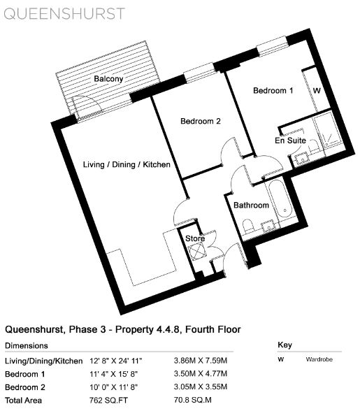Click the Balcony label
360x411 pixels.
pyautogui.click(x=108, y=79)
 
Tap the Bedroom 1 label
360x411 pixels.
pyautogui.click(x=273, y=91)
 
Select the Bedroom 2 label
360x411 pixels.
pyautogui.click(x=201, y=121)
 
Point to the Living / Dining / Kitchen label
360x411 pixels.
pyautogui.click(x=127, y=165)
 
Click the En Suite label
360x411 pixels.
pyautogui.click(x=290, y=140)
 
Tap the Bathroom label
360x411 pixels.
pyautogui.click(x=251, y=205)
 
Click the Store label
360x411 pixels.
pyautogui.click(x=195, y=238)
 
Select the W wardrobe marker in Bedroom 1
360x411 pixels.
pyautogui.click(x=317, y=91)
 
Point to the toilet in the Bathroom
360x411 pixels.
pyautogui.click(x=248, y=226)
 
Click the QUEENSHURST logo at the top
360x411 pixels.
pyautogui.click(x=64, y=14)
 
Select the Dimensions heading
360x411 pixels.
pyautogui.click(x=27, y=346)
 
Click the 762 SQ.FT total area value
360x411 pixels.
pyautogui.click(x=108, y=401)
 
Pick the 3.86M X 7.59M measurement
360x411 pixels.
pyautogui.click(x=201, y=361)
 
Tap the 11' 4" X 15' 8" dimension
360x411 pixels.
pyautogui.click(x=113, y=374)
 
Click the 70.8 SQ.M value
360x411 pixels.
pyautogui.click(x=192, y=401)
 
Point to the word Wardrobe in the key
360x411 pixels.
pyautogui.click(x=319, y=359)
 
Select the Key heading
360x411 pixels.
pyautogui.click(x=285, y=345)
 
